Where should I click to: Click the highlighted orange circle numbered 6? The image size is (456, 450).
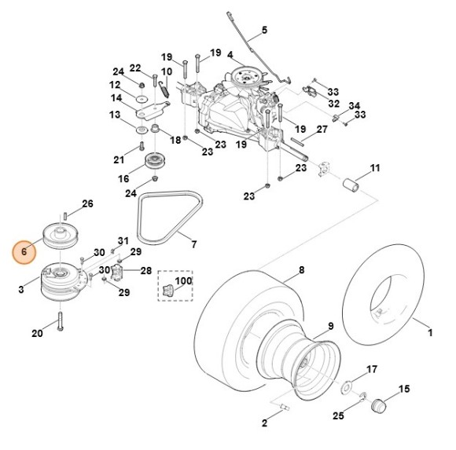pyautogui.click(x=24, y=252)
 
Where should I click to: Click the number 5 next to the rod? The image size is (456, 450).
pyautogui.click(x=264, y=30)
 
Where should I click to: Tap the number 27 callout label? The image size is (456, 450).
pyautogui.click(x=322, y=129)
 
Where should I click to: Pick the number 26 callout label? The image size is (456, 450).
pyautogui.click(x=87, y=203)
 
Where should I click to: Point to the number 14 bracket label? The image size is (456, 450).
pyautogui.click(x=117, y=98)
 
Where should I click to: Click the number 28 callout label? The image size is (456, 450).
pyautogui.click(x=146, y=270)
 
